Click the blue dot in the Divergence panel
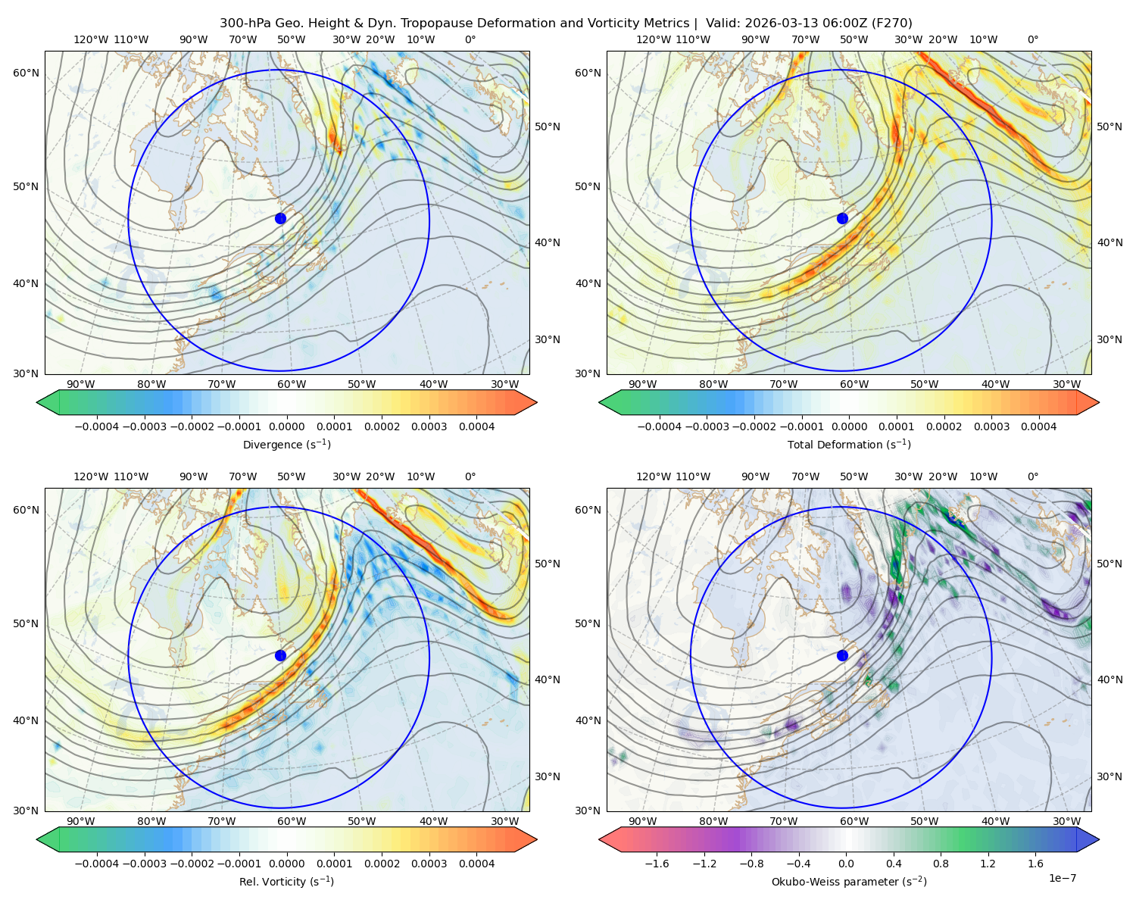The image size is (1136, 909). coord(280,219)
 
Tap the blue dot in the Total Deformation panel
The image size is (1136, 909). coord(842,219)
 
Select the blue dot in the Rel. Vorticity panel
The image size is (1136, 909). coord(280,655)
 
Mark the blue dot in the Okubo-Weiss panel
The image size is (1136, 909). coord(842,655)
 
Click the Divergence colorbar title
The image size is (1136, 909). coord(286,445)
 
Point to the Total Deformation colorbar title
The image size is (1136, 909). coord(849,445)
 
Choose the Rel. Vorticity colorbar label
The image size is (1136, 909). coord(286,882)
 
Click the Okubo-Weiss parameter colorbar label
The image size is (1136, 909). coord(849,882)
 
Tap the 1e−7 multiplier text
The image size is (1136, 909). coord(1062,879)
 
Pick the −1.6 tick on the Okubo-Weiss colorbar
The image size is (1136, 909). coord(657,864)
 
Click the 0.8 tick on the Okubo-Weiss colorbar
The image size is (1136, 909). coord(941,864)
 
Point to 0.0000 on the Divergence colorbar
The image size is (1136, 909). coord(286,426)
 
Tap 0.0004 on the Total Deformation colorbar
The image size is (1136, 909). coord(1039,426)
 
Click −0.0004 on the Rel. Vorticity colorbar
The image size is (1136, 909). coord(97,864)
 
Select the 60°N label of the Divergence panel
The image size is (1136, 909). coord(26,73)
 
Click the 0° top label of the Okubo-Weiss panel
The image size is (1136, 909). coord(1033,476)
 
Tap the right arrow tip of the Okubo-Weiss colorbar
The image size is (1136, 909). coord(1099,839)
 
